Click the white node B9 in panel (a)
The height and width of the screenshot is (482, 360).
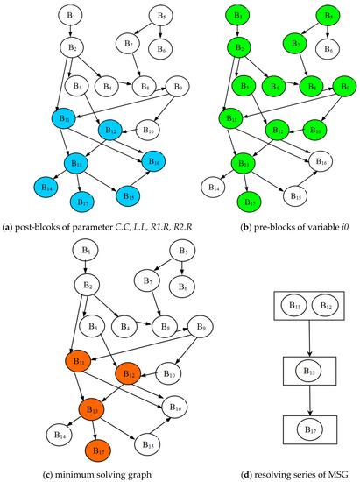tap(154, 87)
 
